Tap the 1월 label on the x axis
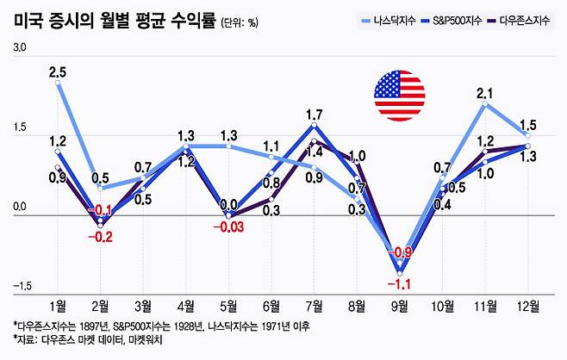pos(59,306)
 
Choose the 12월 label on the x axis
pos(527,306)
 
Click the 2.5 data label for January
pos(58,73)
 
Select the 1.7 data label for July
pos(315,115)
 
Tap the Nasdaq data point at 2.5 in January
pos(58,85)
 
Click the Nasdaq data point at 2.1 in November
pos(485,105)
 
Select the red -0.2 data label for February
pos(102,237)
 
